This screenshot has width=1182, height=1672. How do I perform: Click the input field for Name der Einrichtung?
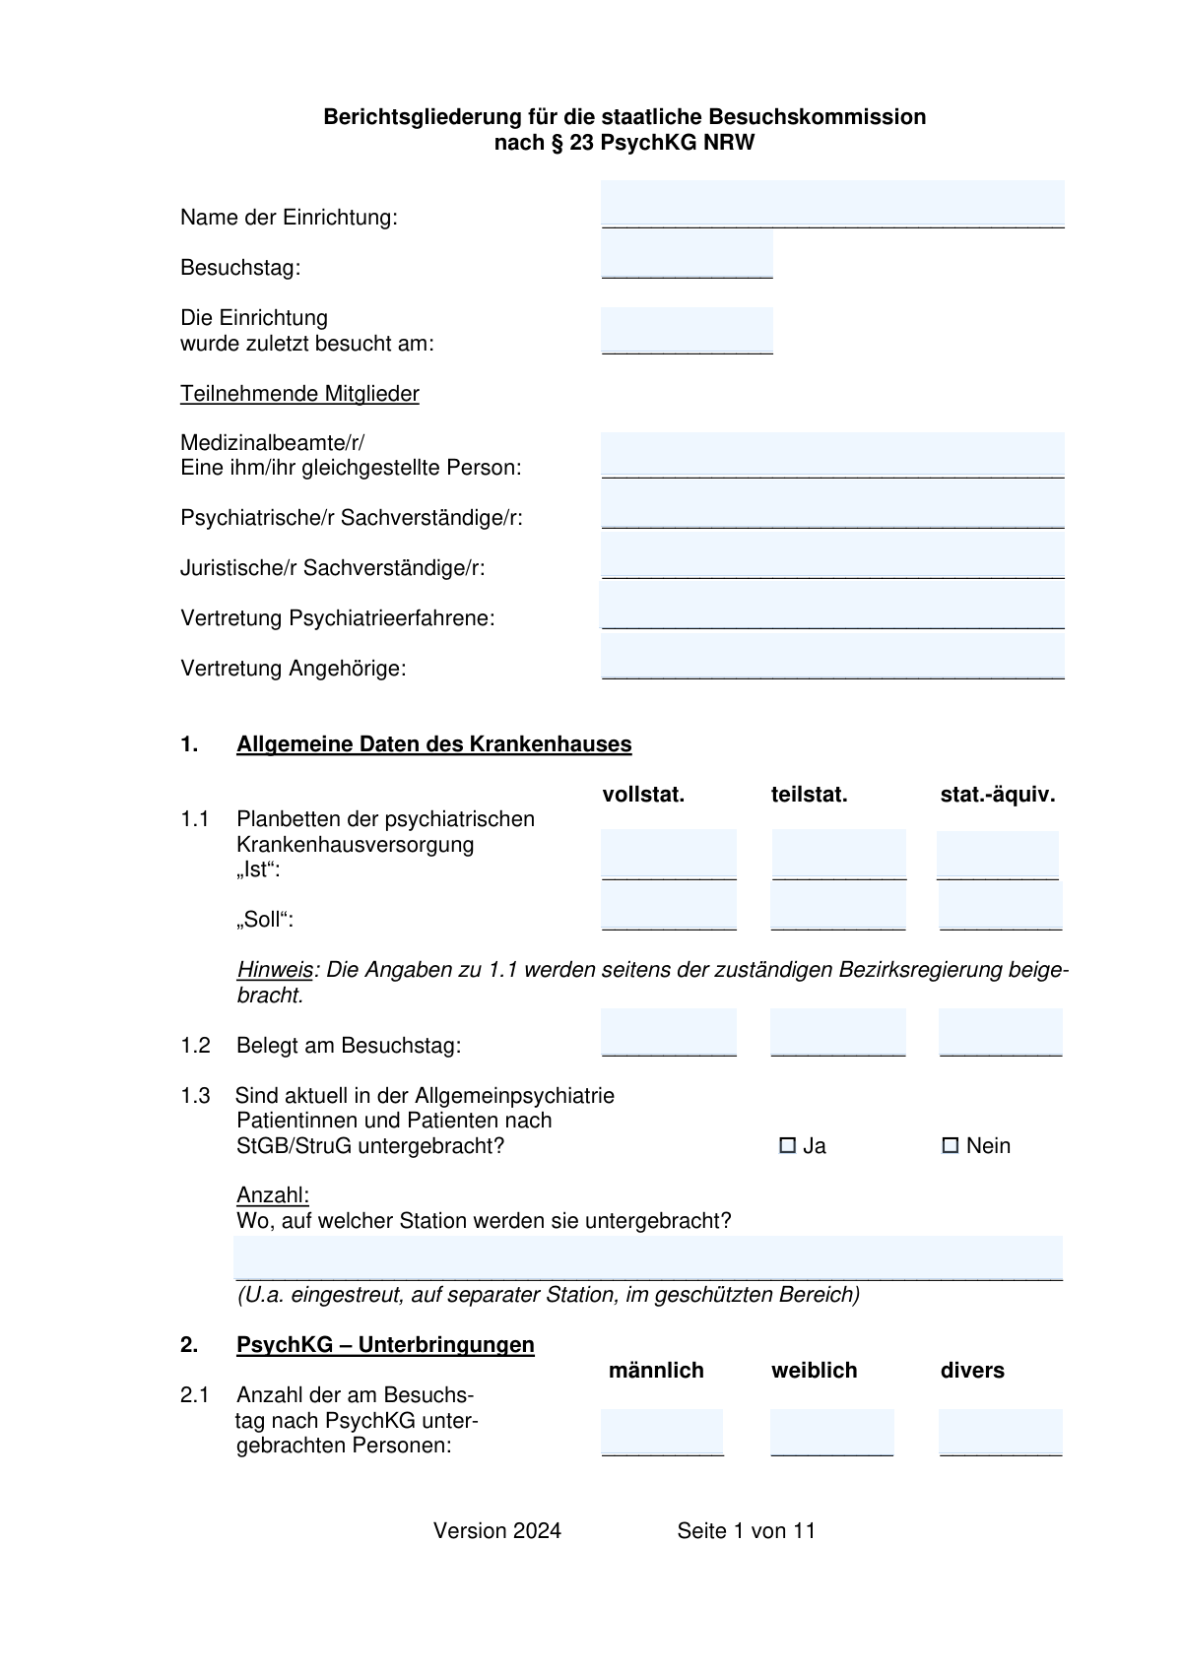pos(832,205)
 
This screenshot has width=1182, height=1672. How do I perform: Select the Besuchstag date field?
pos(687,255)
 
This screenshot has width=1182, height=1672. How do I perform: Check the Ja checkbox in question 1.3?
pos(787,1145)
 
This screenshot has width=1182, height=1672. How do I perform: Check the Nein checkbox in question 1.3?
pos(951,1145)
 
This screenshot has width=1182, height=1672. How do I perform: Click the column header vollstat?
pos(643,795)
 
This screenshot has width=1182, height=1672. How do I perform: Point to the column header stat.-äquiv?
pos(997,795)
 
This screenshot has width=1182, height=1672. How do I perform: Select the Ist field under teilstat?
pos(838,854)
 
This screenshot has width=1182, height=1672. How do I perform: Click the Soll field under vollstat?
pos(669,905)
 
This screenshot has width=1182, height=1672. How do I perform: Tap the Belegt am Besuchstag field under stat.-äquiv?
pos(1000,1032)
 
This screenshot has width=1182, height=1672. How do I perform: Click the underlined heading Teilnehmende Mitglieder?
pos(299,394)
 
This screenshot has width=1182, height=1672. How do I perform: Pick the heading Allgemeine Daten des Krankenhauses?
pos(433,744)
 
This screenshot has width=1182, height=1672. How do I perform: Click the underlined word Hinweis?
pos(275,970)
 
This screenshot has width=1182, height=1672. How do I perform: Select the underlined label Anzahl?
pos(273,1195)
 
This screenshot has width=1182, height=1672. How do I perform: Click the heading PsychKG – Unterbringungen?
pos(385,1345)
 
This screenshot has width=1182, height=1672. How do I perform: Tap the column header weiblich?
pos(814,1371)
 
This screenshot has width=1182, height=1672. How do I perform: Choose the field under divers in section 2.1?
pos(1000,1432)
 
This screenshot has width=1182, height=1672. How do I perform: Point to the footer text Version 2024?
pos(497,1531)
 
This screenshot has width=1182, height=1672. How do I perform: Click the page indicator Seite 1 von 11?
pos(746,1531)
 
